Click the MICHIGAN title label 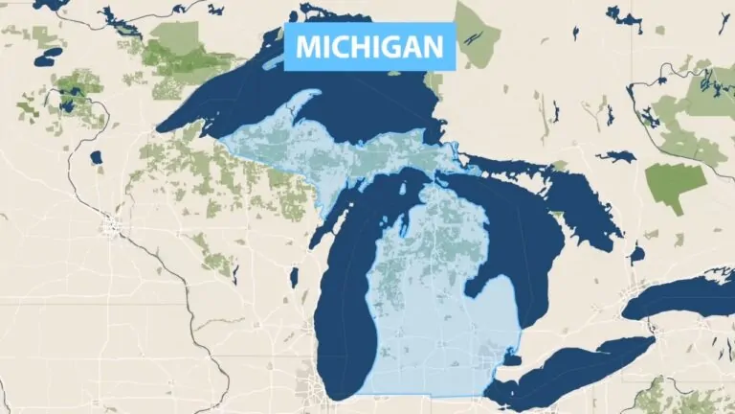[368, 46]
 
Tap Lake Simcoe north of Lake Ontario [637, 253]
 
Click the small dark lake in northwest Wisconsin [95, 156]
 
